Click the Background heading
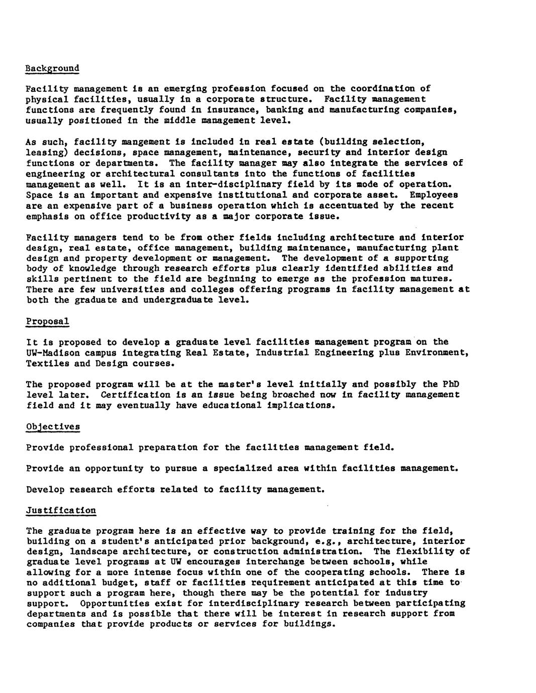pyautogui.click(x=52, y=68)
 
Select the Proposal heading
pyautogui.click(x=47, y=321)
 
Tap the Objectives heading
pyautogui.click(x=52, y=426)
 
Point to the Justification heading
pyautogui.click(x=60, y=510)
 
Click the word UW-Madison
pyautogui.click(x=52, y=353)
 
